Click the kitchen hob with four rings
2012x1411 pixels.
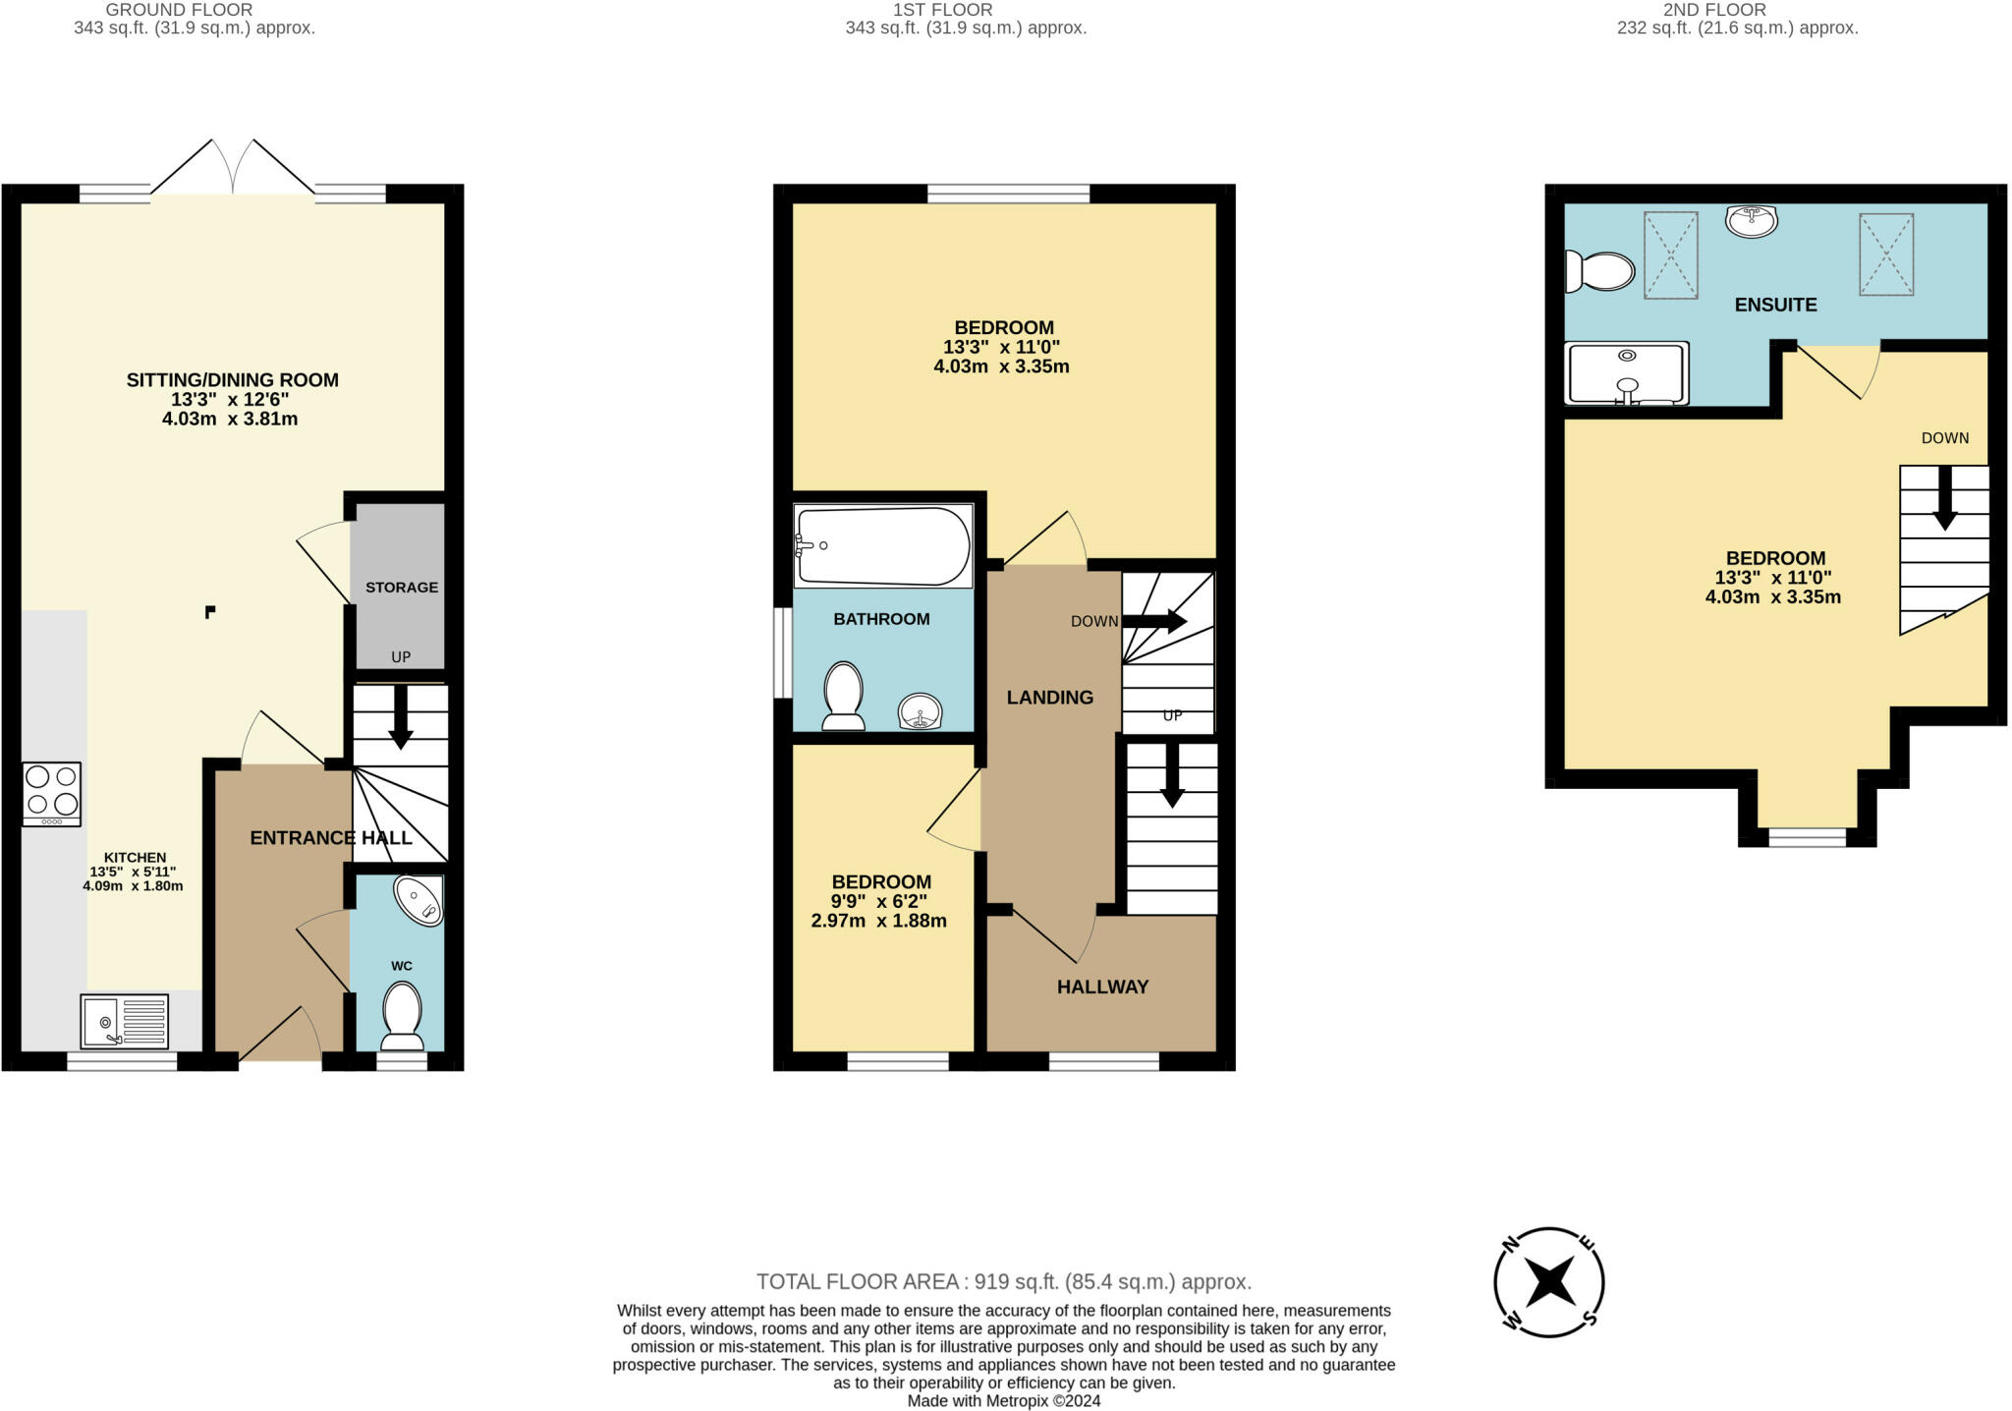tap(52, 793)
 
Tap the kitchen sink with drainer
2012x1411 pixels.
tap(125, 1021)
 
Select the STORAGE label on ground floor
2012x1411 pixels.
tap(402, 588)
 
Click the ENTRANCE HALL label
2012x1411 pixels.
tap(331, 838)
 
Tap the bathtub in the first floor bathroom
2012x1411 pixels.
tap(883, 545)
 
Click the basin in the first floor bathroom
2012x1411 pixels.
tap(921, 711)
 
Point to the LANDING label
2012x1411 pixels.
tap(1050, 698)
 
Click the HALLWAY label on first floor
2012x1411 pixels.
tap(1103, 988)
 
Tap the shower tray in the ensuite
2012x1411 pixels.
tap(1627, 373)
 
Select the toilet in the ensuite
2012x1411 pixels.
tap(1599, 271)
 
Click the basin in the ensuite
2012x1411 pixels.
tap(1751, 221)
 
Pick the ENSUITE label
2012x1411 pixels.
tap(1776, 305)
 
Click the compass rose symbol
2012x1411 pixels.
tap(1549, 1282)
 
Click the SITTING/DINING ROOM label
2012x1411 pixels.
tap(233, 380)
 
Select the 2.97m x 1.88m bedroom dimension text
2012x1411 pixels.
tap(879, 922)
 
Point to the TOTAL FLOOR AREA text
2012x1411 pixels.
tap(1004, 1281)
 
